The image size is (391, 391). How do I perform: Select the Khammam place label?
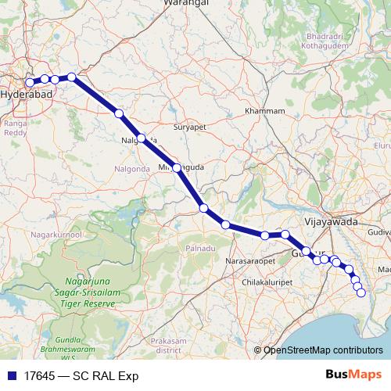pyautogui.click(x=264, y=111)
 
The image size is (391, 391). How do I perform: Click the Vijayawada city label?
pyautogui.click(x=330, y=221)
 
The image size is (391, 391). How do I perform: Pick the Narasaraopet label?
pyautogui.click(x=253, y=260)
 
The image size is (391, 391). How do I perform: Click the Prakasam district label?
pyautogui.click(x=169, y=345)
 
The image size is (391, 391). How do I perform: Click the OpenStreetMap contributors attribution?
pyautogui.click(x=322, y=351)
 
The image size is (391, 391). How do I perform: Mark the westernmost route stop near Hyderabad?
pyautogui.click(x=30, y=82)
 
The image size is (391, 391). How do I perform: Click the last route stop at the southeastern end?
pyautogui.click(x=361, y=292)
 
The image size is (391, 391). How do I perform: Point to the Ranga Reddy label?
pyautogui.click(x=15, y=127)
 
